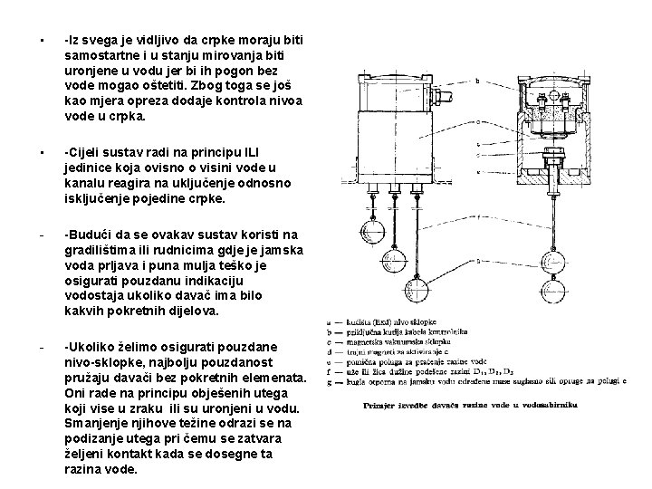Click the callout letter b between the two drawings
click(477, 81)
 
